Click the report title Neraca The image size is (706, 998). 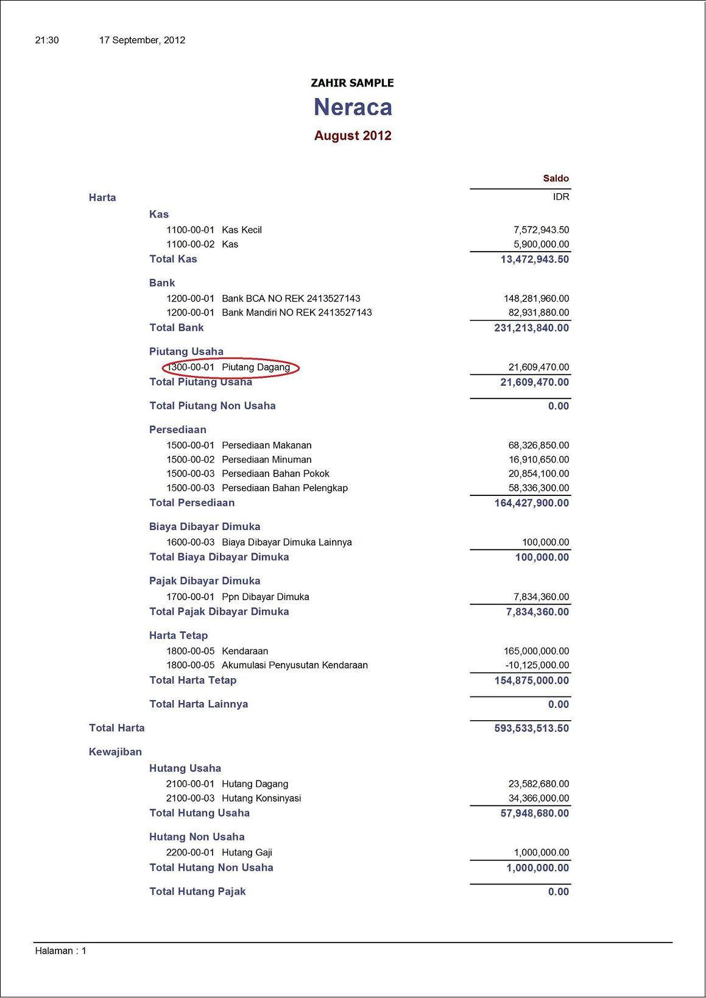(353, 107)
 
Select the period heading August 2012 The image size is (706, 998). (353, 135)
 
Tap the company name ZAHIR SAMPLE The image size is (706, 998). (352, 83)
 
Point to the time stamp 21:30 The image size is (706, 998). (47, 40)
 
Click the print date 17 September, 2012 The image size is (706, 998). (142, 40)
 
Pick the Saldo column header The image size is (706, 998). (556, 179)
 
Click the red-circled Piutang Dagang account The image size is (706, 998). (231, 367)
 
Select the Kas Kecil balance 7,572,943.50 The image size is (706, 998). (541, 230)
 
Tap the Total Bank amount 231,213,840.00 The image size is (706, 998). (531, 328)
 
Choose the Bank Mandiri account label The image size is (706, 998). (297, 313)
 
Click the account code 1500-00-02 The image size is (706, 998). (190, 459)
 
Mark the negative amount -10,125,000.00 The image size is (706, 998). (537, 665)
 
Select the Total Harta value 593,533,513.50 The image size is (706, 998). (531, 728)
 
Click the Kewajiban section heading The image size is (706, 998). (115, 752)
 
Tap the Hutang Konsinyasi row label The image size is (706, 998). (261, 798)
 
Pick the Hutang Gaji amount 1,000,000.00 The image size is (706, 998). (541, 852)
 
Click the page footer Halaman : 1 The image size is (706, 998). (61, 950)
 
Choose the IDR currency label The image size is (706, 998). (561, 197)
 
